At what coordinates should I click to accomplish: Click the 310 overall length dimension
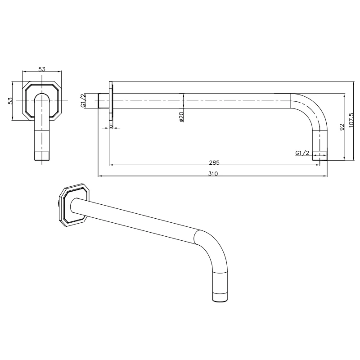pyautogui.click(x=213, y=173)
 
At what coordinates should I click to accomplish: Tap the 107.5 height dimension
pyautogui.click(x=351, y=120)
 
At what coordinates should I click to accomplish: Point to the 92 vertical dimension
pyautogui.click(x=342, y=128)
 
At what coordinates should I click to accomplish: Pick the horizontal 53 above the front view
pyautogui.click(x=42, y=69)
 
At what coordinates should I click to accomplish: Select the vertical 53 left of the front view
pyautogui.click(x=10, y=101)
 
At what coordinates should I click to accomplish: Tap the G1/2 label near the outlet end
pyautogui.click(x=302, y=153)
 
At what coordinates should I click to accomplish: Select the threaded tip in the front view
pyautogui.click(x=42, y=157)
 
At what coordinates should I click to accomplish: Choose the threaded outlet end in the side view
pyautogui.click(x=319, y=156)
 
